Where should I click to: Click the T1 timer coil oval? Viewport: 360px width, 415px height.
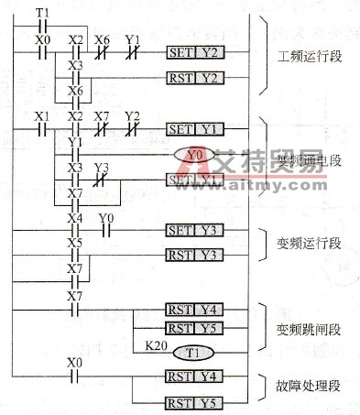pos(193,351)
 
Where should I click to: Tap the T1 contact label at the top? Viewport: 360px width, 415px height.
pos(41,11)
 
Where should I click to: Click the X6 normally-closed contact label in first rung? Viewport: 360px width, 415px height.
pos(102,40)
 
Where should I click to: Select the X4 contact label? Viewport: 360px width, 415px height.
pos(74,218)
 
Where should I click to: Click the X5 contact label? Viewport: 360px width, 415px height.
pos(74,241)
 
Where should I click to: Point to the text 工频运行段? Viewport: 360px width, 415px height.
pos(309,57)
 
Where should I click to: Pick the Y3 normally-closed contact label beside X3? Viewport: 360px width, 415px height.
pos(101,166)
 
